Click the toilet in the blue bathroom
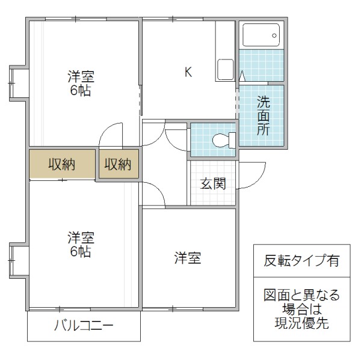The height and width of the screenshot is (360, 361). click(x=223, y=140)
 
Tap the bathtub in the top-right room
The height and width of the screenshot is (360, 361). click(x=261, y=35)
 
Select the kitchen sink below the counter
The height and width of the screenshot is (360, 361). click(x=225, y=69)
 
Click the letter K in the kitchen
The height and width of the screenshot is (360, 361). click(x=188, y=72)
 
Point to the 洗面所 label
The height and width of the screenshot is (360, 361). click(x=264, y=115)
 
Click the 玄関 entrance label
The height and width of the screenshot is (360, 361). click(x=213, y=183)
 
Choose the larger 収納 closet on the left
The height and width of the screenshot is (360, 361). click(x=62, y=163)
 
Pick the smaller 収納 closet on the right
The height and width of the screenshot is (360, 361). click(x=118, y=163)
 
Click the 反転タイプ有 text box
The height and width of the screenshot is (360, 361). click(x=301, y=260)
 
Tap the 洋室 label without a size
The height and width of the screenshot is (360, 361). click(x=187, y=258)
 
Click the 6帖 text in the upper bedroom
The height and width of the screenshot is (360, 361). click(x=80, y=91)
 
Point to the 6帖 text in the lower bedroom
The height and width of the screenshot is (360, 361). click(x=80, y=252)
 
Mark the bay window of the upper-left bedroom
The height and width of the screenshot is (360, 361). click(x=16, y=81)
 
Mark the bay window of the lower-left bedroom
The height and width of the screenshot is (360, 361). click(x=16, y=260)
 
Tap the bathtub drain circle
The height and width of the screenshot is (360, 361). click(x=274, y=35)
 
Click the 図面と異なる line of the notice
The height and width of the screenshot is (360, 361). click(x=301, y=296)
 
